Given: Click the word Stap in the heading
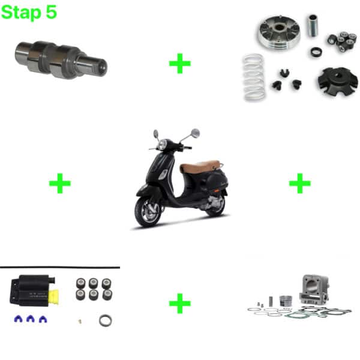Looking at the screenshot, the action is [x=21, y=13].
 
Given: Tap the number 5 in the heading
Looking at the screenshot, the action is [x=51, y=12].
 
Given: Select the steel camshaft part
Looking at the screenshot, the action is [x=61, y=59].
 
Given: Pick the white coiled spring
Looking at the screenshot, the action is [x=254, y=77].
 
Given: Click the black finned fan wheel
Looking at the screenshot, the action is [x=337, y=82].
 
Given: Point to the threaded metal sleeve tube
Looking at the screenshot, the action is [x=313, y=25].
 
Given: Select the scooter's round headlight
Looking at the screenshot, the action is [x=163, y=144].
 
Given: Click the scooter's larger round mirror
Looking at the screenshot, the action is [x=196, y=133].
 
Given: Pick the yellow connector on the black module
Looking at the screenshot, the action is [x=53, y=297].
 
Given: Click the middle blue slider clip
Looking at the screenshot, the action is [x=31, y=319].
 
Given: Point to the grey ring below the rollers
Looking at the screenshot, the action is [x=106, y=320].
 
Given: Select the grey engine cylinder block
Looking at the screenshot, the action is [x=314, y=289].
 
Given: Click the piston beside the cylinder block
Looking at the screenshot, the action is [x=286, y=301].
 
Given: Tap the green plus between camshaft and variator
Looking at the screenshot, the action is [x=180, y=64].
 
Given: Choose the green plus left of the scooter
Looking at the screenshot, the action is [x=60, y=183].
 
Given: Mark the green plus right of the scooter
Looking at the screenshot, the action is [x=300, y=183].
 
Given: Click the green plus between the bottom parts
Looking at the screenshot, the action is [x=180, y=303].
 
